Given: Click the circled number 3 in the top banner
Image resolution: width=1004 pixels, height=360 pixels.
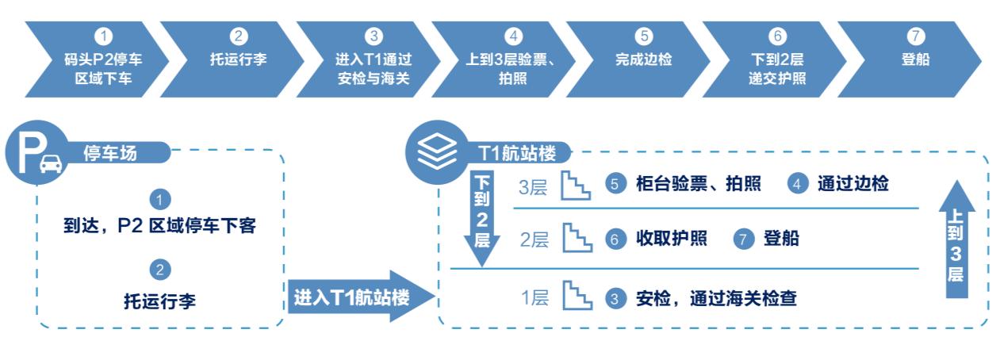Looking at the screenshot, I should pyautogui.click(x=374, y=36).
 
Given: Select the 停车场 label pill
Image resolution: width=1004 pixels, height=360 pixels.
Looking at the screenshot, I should pyautogui.click(x=111, y=152).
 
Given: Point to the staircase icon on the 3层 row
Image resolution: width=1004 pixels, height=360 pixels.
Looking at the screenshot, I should pyautogui.click(x=577, y=185).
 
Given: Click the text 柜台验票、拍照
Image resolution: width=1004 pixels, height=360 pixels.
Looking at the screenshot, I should pyautogui.click(x=698, y=184).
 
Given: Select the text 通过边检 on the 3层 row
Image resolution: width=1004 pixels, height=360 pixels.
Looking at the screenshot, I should pyautogui.click(x=853, y=184).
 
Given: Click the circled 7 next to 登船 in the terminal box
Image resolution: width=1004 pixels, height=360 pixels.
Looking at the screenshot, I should pyautogui.click(x=743, y=239).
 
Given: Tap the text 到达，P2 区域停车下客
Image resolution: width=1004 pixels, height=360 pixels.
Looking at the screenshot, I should pyautogui.click(x=160, y=227).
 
